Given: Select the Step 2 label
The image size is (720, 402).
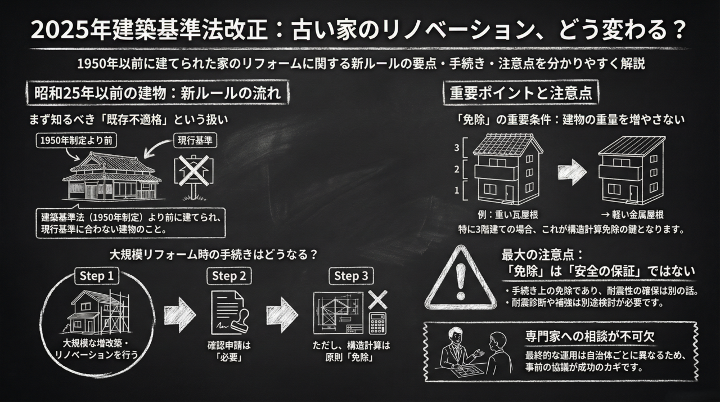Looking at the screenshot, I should (x=231, y=276).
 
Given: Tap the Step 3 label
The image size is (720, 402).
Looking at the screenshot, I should (x=351, y=276).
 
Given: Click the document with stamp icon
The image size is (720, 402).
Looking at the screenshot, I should (x=229, y=313).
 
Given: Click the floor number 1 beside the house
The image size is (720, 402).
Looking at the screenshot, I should (x=457, y=190).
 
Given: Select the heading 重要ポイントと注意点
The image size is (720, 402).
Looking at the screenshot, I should (x=520, y=93).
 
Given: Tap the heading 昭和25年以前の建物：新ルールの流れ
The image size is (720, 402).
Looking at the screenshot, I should (x=157, y=93).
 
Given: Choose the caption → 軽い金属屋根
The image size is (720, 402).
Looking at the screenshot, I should (x=632, y=215).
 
